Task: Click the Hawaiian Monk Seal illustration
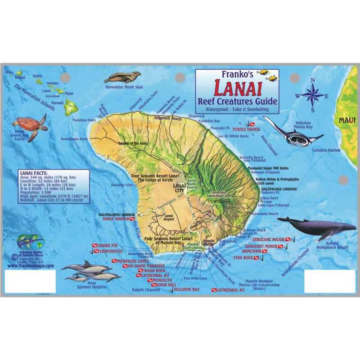(122, 78)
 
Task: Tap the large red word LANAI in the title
(236, 89)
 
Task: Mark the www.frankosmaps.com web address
(31, 266)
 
